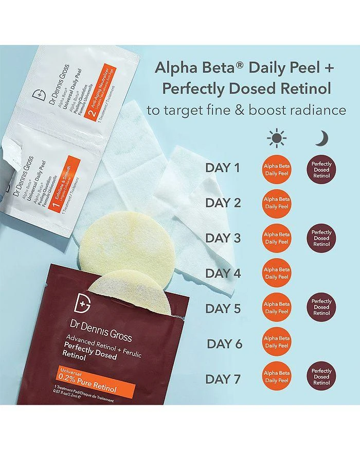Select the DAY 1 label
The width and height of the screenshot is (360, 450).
coord(223,168)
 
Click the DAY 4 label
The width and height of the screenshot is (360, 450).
coord(223,274)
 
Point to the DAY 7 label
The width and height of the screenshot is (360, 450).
coord(223,380)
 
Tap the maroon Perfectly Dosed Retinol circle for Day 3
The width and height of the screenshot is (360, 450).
coord(321,238)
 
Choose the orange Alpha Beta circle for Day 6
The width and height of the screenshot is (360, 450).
coord(277,344)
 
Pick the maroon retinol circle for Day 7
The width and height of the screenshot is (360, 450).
coord(321,376)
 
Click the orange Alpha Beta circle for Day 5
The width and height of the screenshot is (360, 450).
coord(277,308)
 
